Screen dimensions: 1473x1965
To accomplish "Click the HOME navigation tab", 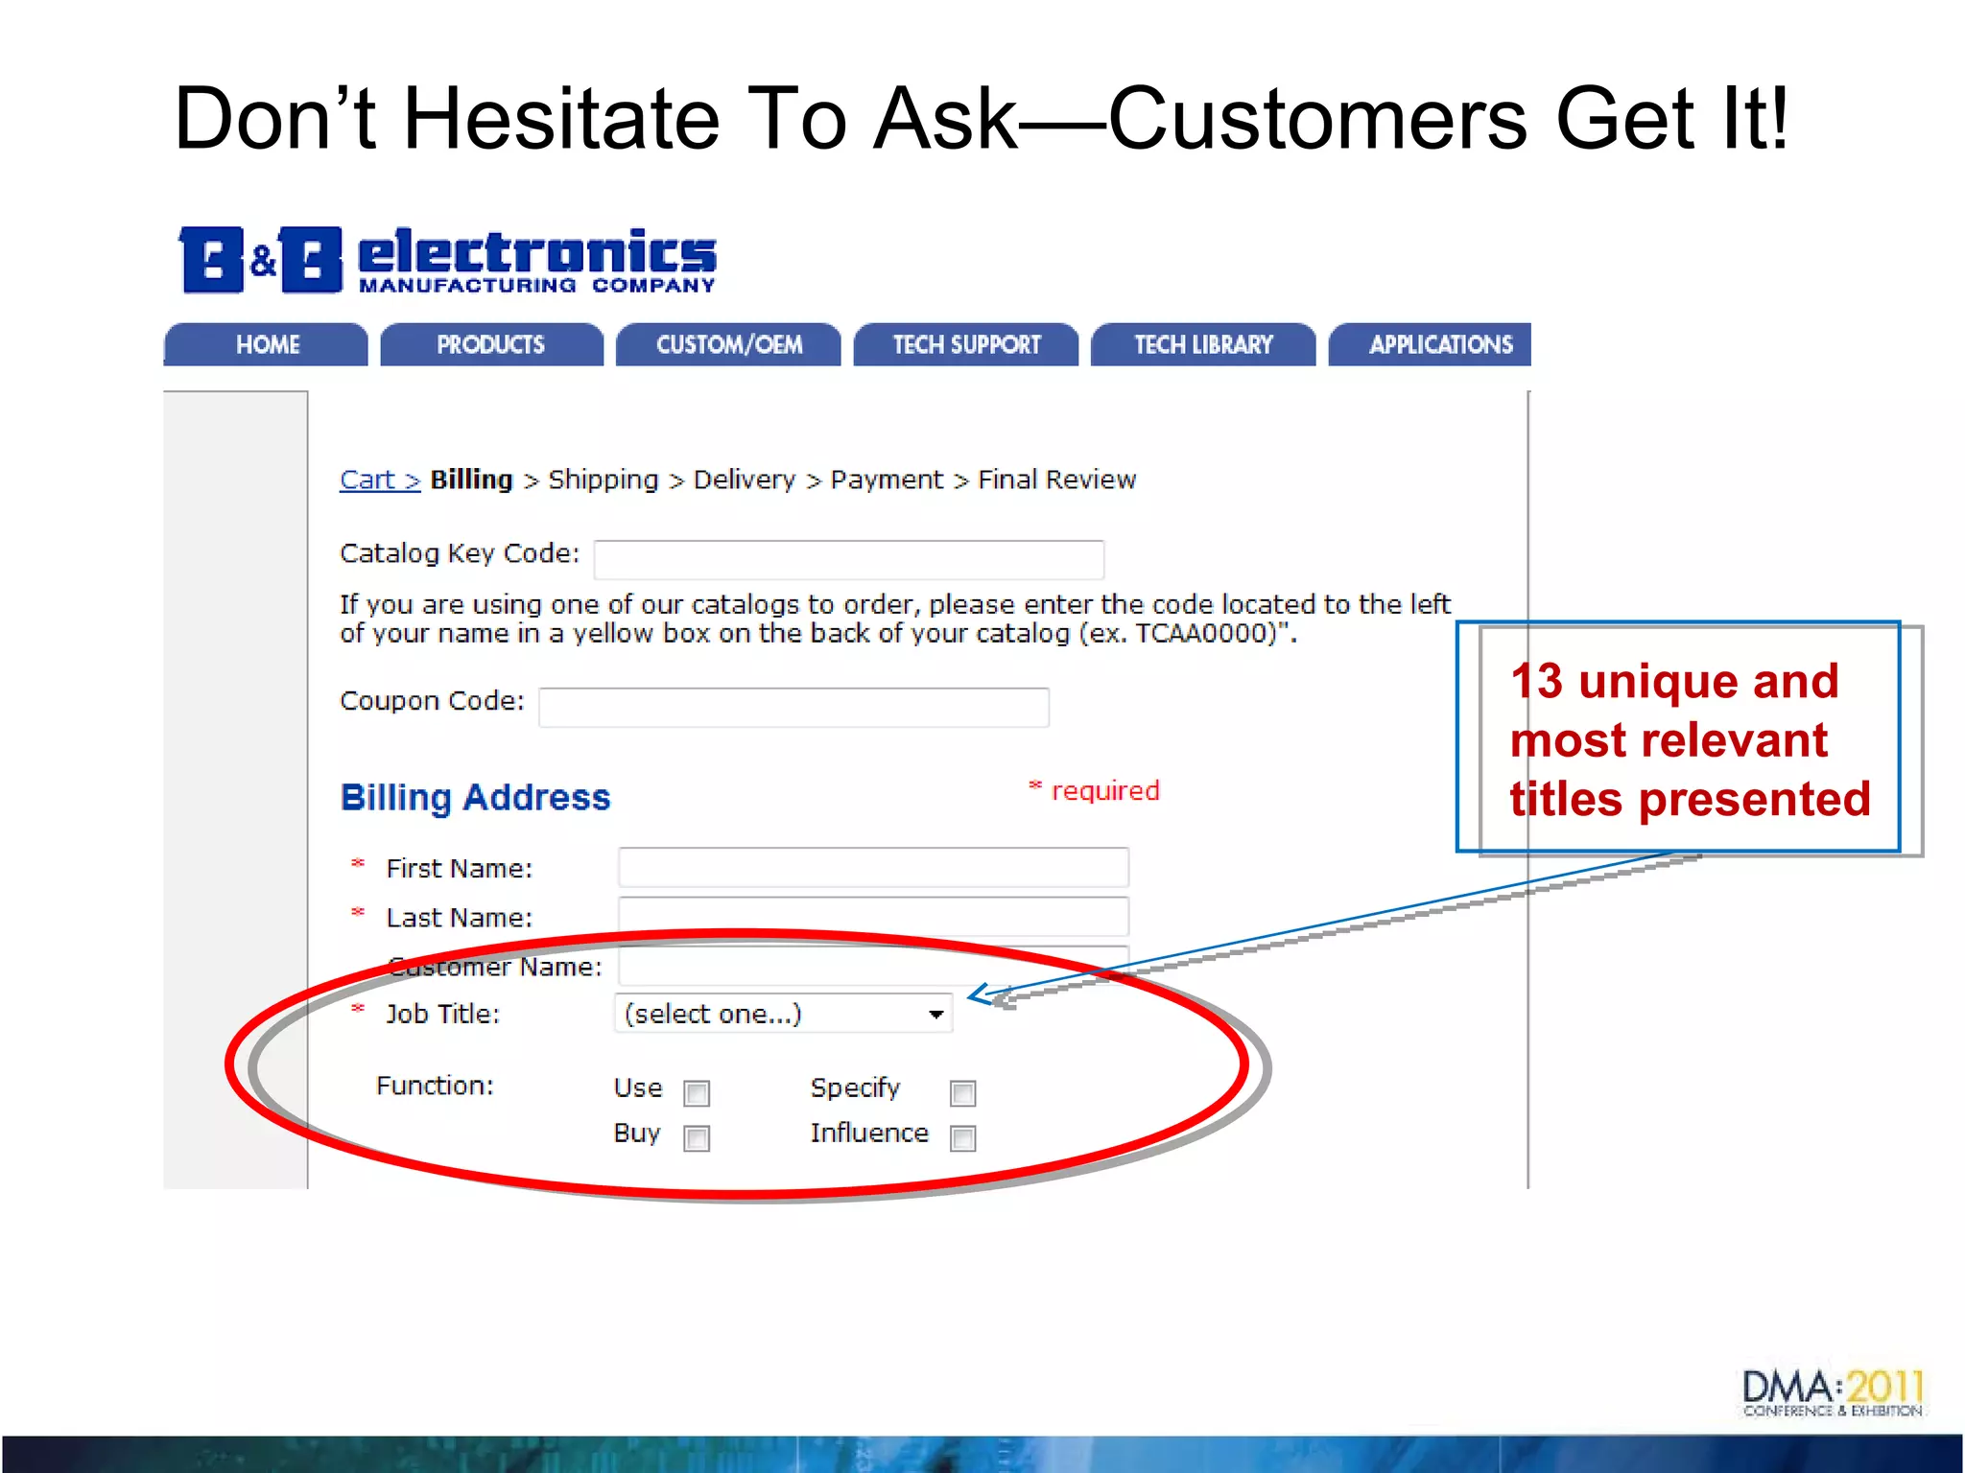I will [267, 344].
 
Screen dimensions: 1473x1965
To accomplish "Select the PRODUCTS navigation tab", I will [491, 344].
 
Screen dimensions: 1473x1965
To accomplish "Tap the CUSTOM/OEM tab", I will [728, 344].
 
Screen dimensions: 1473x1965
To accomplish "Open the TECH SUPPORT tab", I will [966, 344].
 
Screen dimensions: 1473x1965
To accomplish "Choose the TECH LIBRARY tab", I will [1203, 344].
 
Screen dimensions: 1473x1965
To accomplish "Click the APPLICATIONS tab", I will [1439, 344].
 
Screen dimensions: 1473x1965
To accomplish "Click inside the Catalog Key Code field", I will [848, 559].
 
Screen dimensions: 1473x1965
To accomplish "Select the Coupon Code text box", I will [793, 707].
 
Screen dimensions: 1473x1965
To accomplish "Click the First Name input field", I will [873, 867].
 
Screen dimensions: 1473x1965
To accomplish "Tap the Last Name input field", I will [873, 916].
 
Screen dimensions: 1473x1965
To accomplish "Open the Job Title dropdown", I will [783, 1014].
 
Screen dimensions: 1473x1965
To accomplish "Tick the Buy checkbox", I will [697, 1138].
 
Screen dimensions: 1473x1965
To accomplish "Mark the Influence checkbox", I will [962, 1138].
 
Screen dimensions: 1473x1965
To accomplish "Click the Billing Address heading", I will [475, 798].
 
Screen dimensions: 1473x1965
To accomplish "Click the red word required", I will [1105, 791].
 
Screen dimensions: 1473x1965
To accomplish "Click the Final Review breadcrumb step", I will [1056, 479].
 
